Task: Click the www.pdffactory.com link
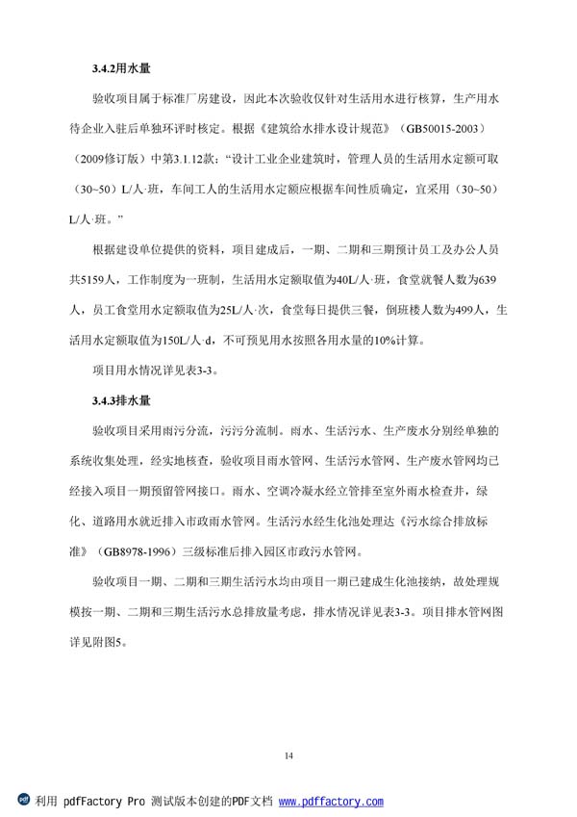point(330,802)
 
